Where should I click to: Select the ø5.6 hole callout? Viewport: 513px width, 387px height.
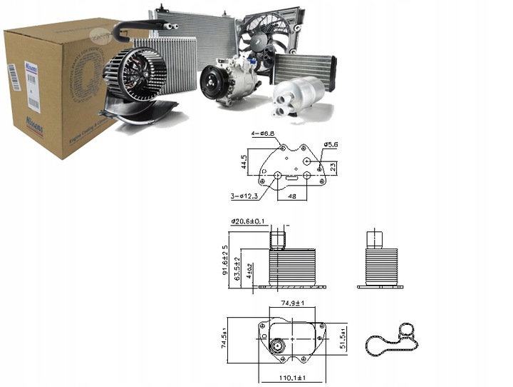[x=331, y=145]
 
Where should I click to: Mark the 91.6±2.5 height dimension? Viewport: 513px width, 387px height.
[x=225, y=261]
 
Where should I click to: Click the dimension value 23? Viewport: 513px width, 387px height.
[x=333, y=166]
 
